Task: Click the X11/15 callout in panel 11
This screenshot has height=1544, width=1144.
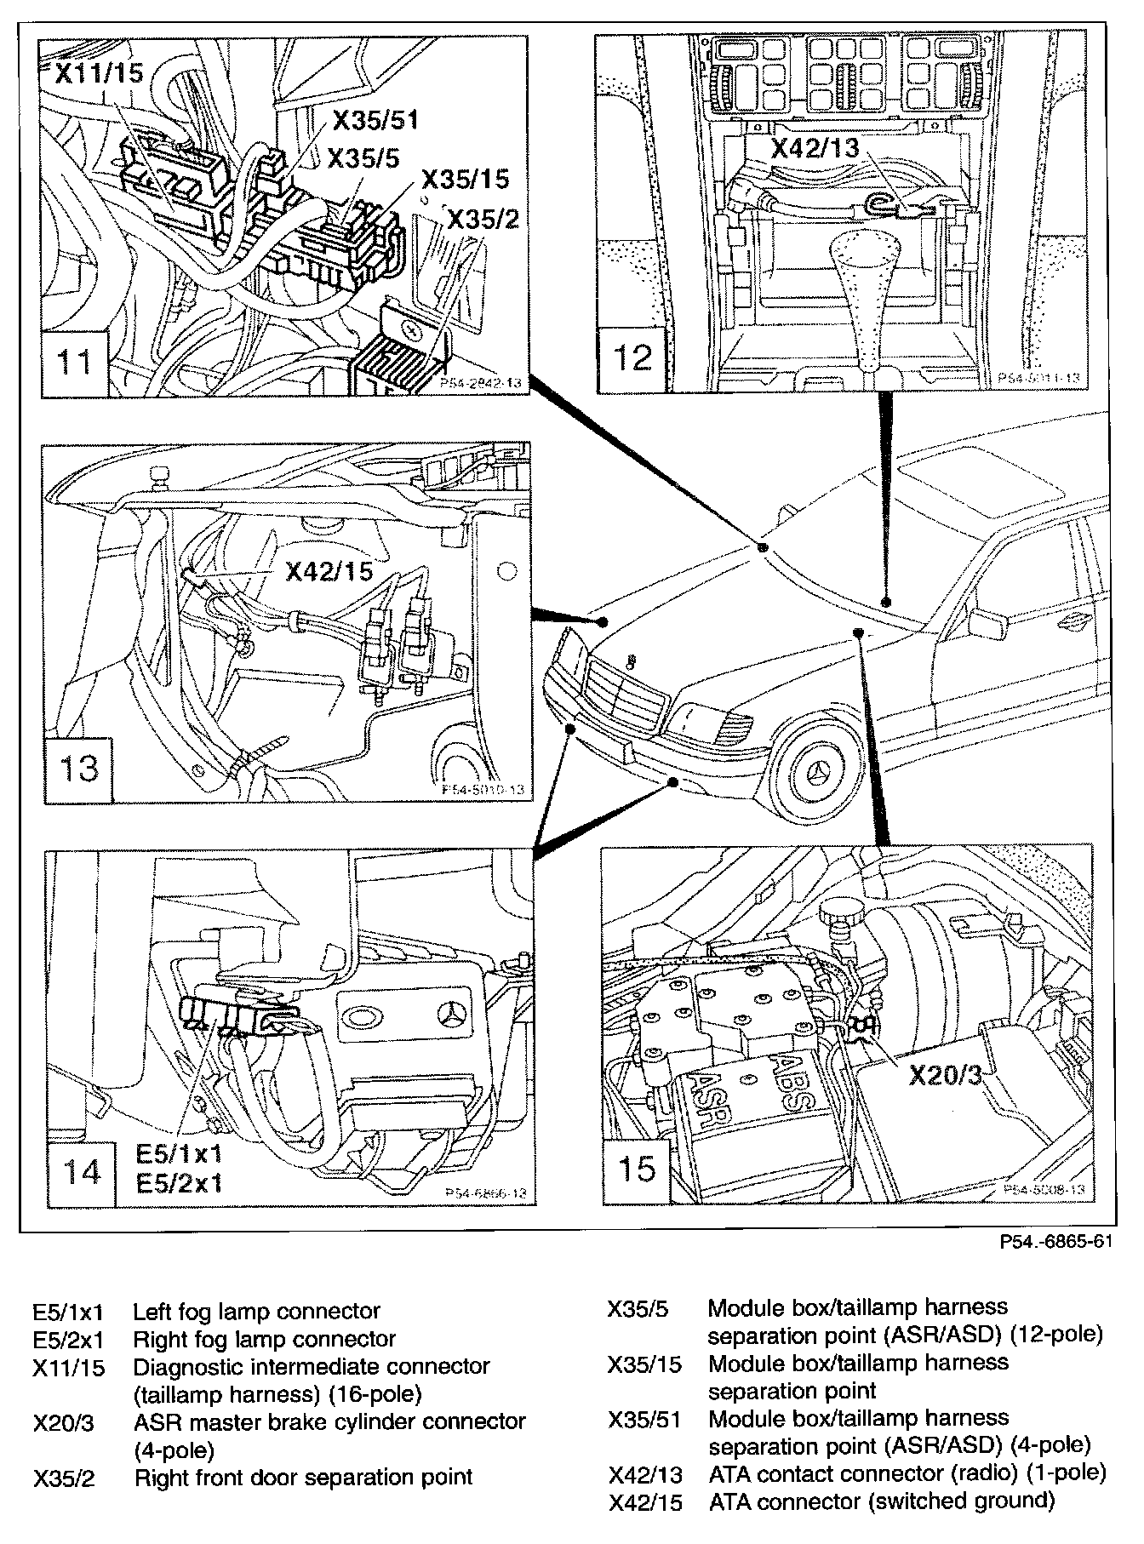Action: (99, 73)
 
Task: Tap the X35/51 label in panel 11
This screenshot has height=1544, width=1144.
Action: (375, 120)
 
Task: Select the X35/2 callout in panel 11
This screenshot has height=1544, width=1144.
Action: (483, 220)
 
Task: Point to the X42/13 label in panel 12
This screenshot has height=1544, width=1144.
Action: (815, 148)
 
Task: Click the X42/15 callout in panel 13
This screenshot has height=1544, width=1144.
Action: (329, 570)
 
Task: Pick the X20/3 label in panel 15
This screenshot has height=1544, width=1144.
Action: (945, 1075)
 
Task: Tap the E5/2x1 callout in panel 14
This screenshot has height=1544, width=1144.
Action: (179, 1183)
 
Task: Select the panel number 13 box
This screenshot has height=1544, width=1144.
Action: (77, 767)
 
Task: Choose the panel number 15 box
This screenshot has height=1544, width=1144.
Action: (636, 1168)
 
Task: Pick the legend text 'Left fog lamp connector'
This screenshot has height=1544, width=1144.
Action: (256, 1312)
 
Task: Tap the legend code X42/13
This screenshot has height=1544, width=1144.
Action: (644, 1473)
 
